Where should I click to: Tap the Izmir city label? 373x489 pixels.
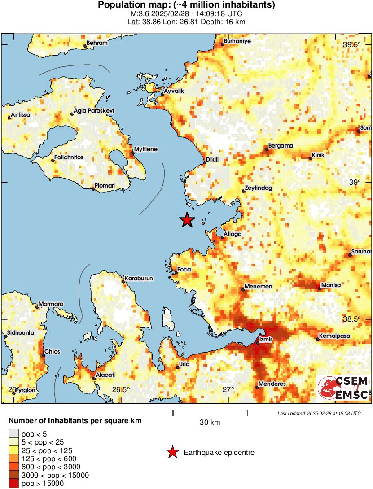[266, 340]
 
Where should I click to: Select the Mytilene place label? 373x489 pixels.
[146, 149]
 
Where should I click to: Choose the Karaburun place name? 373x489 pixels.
[138, 279]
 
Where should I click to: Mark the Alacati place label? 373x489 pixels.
[105, 375]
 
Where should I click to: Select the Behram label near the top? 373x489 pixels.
[97, 43]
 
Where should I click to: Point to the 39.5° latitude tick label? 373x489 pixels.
[351, 45]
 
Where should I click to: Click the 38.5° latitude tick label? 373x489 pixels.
[351, 319]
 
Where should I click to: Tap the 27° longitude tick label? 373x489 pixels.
[228, 389]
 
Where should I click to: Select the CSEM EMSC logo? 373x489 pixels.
[344, 388]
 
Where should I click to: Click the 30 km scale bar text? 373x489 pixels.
[210, 423]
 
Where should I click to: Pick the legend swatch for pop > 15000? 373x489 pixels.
[14, 483]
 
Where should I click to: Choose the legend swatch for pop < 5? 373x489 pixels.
[14, 434]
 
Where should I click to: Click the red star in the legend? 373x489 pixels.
[172, 453]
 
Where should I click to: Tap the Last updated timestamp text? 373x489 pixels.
[319, 413]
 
